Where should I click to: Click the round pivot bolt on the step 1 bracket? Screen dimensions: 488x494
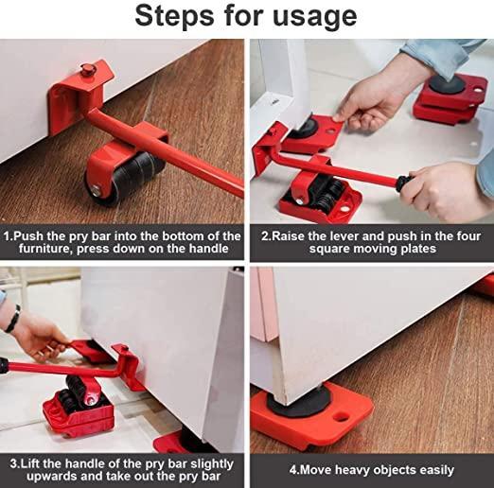point(88,69)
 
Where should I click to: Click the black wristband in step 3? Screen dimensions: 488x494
point(12,318)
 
